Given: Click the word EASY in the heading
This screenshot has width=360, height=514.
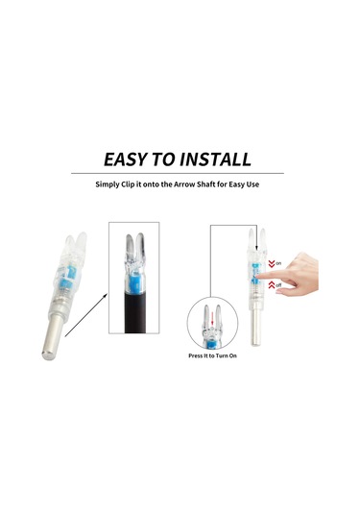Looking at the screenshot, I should (131, 159).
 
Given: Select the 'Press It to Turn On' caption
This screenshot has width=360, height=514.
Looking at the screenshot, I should (213, 355).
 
